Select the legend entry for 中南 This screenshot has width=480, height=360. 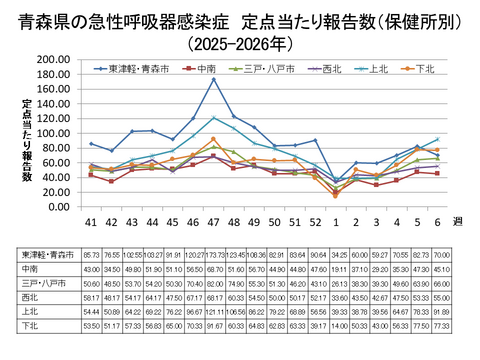coord(205,69)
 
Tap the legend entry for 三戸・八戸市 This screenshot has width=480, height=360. coord(262,69)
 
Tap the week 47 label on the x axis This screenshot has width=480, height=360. coord(213,220)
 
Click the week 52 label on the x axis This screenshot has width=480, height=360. coord(315,220)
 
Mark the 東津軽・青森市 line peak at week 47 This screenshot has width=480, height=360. coord(213,79)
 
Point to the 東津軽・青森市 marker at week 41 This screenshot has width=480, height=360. coord(91,144)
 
